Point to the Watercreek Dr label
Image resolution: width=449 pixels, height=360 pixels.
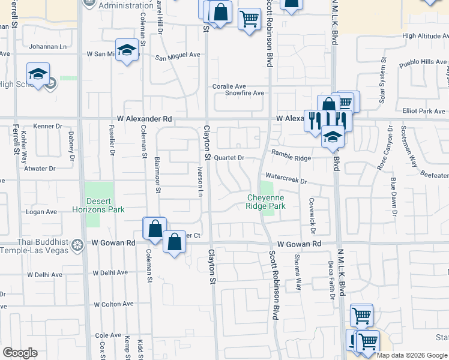(x=286, y=181)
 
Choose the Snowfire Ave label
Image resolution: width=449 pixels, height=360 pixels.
(x=244, y=93)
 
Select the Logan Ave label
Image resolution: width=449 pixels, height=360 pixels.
(x=41, y=212)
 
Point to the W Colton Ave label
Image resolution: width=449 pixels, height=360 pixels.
(x=113, y=304)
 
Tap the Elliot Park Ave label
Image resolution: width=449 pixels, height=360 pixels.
(x=424, y=111)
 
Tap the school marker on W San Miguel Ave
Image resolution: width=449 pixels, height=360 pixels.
(x=127, y=51)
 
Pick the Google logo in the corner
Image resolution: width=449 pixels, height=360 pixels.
(x=19, y=353)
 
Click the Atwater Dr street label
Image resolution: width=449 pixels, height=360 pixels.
(x=40, y=169)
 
